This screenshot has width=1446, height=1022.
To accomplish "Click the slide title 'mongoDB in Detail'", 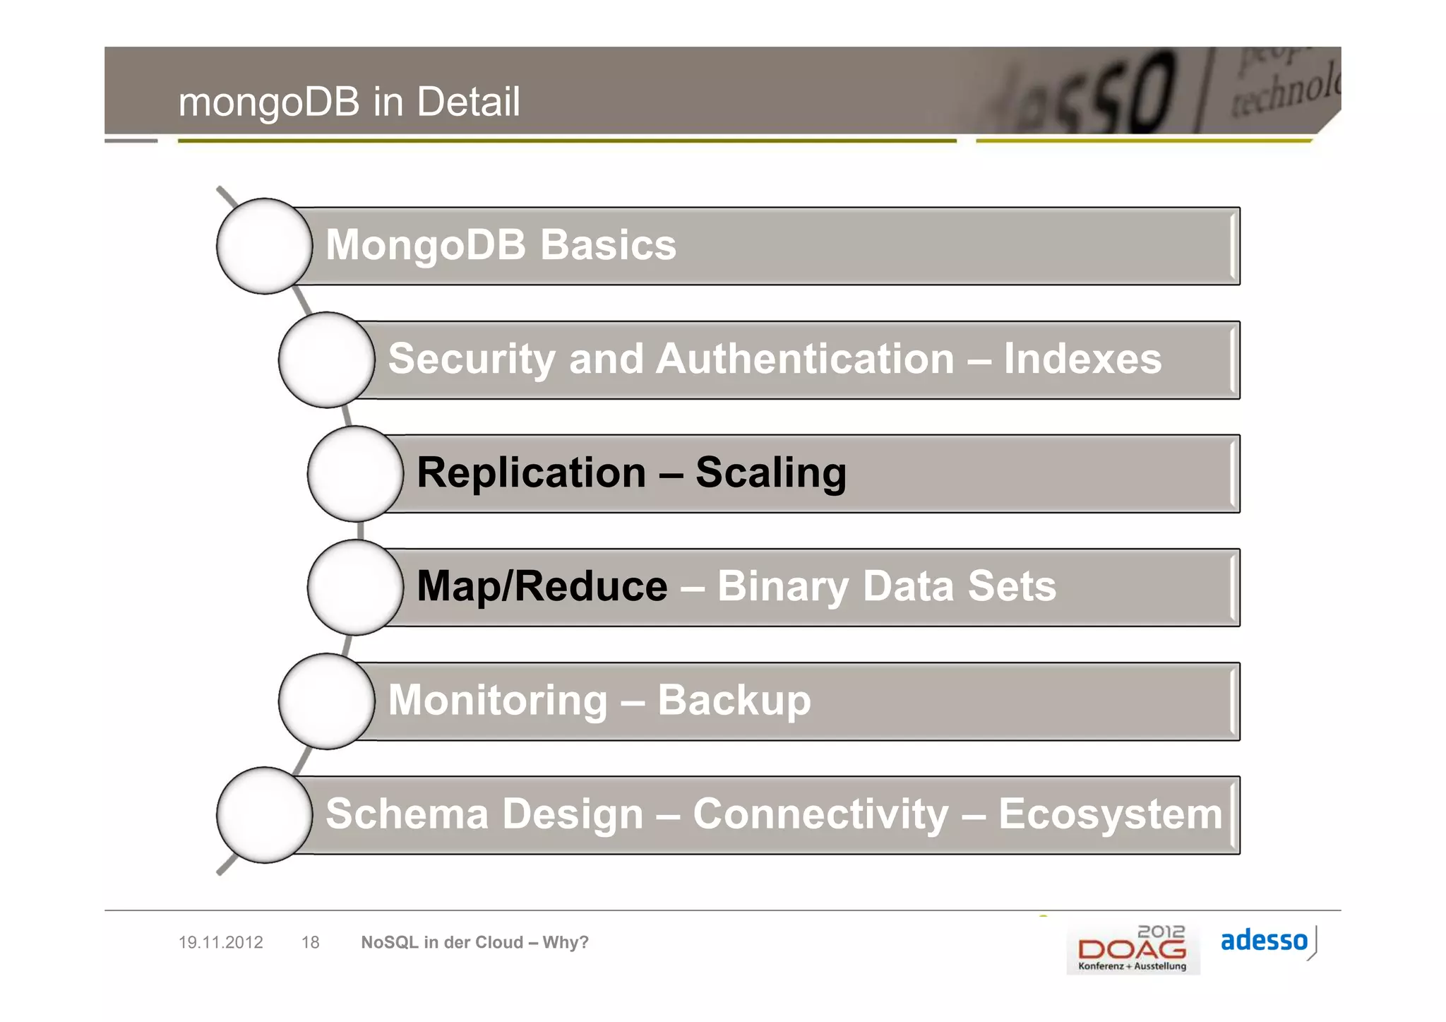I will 349,102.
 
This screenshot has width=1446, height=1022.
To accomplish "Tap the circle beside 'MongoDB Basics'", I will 264,246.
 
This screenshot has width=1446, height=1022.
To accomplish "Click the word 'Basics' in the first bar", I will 608,245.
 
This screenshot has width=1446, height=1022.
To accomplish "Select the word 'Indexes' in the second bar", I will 1082,359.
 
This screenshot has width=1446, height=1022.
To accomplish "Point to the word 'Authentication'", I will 805,359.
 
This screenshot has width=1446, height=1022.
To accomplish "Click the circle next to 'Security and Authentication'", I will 326,360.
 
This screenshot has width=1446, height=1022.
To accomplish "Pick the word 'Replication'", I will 531,473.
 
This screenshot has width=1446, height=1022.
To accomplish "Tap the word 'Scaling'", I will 770,473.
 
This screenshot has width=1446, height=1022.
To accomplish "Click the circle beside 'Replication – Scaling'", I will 355,473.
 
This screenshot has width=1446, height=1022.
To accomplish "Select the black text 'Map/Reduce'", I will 542,586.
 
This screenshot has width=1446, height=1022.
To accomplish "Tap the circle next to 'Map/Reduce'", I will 355,587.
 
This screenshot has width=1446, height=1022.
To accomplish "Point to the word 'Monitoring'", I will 497,700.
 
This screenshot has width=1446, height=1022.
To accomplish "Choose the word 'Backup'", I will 734,701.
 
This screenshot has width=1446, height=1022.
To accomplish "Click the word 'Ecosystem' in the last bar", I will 1110,814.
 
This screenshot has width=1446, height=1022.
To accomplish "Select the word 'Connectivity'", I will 820,814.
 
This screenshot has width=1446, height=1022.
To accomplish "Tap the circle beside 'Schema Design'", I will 264,815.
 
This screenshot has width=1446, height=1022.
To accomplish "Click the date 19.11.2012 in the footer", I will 220,942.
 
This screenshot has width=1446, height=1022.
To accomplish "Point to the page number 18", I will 310,942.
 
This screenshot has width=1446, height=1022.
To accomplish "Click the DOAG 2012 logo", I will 1133,949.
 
